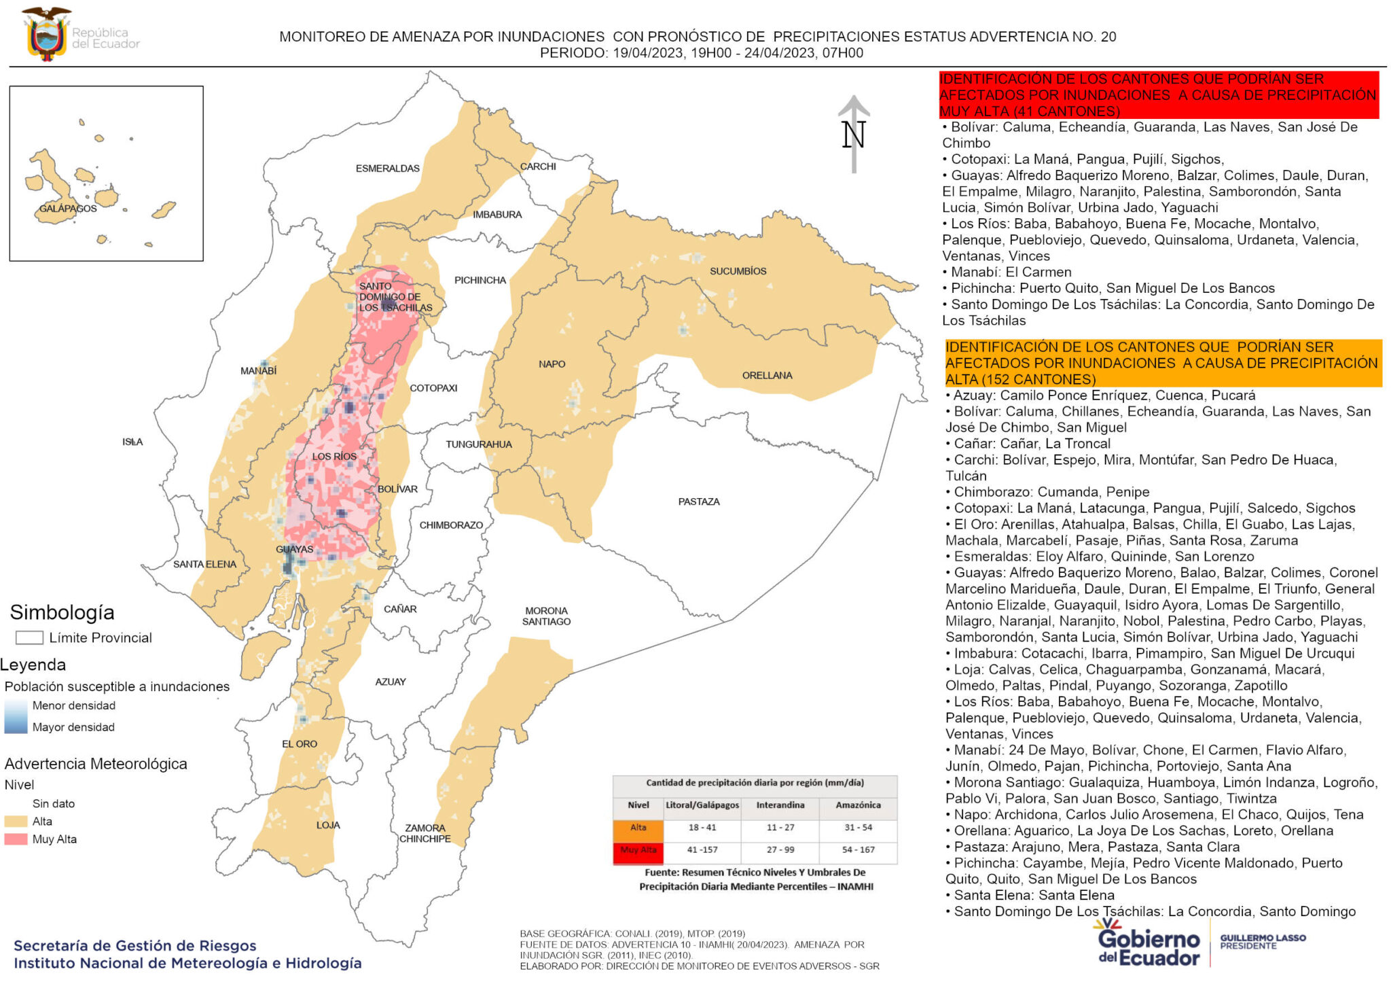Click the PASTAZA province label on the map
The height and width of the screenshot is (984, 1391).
(698, 502)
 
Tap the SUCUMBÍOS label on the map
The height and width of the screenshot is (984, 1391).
(738, 271)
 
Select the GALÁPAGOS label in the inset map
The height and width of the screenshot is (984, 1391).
(67, 208)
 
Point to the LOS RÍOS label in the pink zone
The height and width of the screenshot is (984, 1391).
(333, 457)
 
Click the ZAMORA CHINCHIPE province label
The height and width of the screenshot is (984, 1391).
(424, 833)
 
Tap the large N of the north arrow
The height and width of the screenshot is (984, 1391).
(853, 135)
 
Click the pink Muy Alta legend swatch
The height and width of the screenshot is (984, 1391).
(16, 839)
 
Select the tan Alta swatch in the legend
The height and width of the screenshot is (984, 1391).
(16, 822)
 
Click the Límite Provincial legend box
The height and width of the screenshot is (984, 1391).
(29, 637)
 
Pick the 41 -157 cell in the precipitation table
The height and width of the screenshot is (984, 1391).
(702, 850)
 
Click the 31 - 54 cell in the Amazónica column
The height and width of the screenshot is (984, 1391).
(858, 828)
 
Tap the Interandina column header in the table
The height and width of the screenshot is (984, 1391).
(780, 805)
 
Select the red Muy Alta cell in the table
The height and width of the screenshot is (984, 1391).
(638, 851)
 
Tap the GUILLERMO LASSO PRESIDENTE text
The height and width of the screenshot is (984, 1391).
(1262, 942)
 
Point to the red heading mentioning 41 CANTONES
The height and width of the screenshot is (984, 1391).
(1157, 95)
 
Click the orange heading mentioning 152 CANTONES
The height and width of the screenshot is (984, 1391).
(1162, 363)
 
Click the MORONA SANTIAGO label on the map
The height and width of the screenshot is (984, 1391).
(546, 616)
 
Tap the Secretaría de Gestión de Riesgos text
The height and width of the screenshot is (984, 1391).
(134, 945)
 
